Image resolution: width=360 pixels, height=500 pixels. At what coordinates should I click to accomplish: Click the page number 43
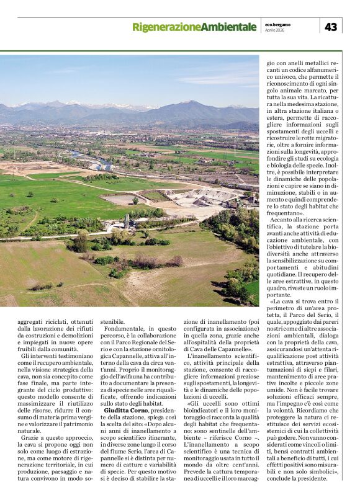pyautogui.click(x=331, y=27)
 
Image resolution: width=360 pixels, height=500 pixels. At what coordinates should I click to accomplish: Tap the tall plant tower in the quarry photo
pyautogui.click(x=127, y=220)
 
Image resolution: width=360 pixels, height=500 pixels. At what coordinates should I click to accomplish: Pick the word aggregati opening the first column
pyautogui.click(x=34, y=323)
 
